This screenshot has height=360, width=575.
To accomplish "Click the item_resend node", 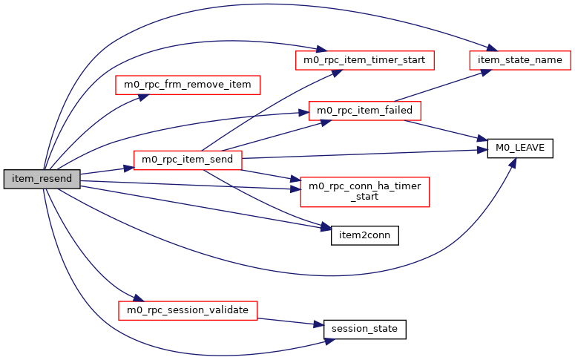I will [x=42, y=179].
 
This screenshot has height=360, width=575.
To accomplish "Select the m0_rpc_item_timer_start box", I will [x=364, y=59].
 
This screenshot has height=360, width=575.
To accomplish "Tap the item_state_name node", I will [x=519, y=59].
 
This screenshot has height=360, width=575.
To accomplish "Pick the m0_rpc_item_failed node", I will [x=364, y=111].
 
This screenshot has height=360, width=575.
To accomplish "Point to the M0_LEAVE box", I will [x=515, y=148].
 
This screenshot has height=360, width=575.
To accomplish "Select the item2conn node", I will [x=364, y=235].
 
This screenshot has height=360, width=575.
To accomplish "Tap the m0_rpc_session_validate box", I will [x=187, y=310].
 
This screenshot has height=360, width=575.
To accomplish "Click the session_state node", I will [x=364, y=328].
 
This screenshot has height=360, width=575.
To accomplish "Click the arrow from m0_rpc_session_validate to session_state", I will [x=289, y=320].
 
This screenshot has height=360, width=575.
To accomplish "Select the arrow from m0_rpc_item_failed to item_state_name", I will [x=438, y=86].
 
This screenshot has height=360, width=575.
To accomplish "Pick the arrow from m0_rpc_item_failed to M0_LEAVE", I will [x=449, y=128].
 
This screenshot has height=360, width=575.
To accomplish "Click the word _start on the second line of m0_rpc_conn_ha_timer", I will [x=364, y=197].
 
